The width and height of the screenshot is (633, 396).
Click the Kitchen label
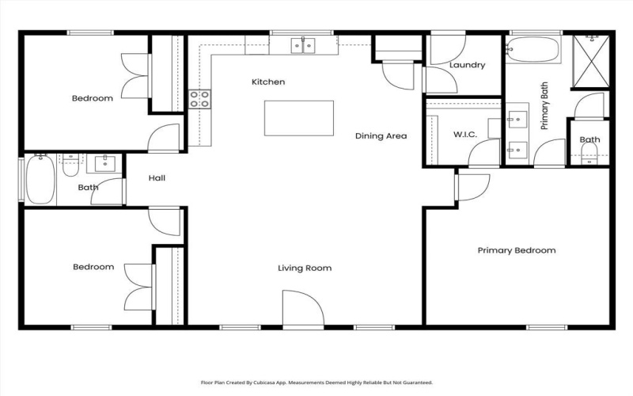(x=268, y=82)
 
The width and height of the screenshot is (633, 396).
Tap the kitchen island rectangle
(x=298, y=118)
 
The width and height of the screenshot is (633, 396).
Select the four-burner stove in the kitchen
(x=199, y=99)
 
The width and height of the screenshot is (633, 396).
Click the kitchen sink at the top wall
(x=302, y=45)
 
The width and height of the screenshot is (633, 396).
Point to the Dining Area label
(x=381, y=136)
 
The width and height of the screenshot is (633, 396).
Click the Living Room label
(x=305, y=268)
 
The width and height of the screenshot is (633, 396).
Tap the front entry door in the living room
(x=303, y=309)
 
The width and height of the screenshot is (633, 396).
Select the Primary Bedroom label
(x=516, y=250)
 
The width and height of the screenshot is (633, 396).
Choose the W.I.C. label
(x=464, y=135)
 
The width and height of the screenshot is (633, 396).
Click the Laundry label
(x=466, y=65)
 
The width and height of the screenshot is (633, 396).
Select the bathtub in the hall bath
(x=40, y=180)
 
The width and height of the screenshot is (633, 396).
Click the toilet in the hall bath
(x=70, y=166)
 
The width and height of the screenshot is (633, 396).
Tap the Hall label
(x=157, y=178)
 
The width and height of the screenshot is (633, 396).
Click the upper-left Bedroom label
(x=92, y=98)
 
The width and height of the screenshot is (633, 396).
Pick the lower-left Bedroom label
(x=93, y=267)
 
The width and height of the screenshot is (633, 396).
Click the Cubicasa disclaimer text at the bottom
(x=316, y=381)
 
